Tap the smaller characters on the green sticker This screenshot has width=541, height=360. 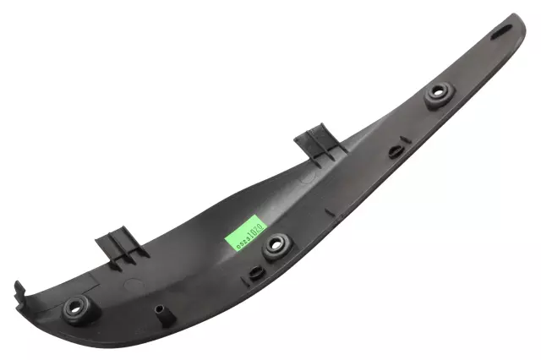coord(234,240)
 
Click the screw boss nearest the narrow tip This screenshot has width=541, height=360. coord(438,95)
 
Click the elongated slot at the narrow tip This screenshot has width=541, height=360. coord(500,32)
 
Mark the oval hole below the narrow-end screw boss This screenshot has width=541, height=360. coord(395,153)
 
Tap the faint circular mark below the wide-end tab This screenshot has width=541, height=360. coord(131,285)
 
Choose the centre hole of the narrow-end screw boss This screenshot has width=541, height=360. coord(439,92)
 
